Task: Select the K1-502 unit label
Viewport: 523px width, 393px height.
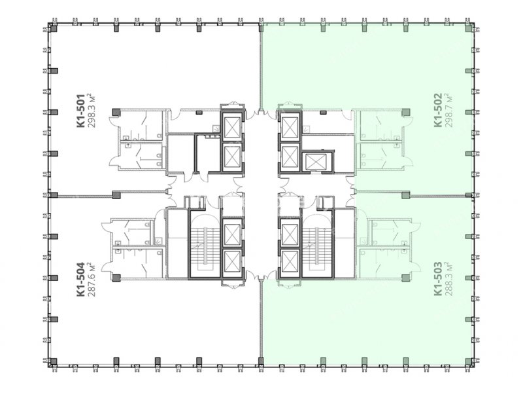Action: click(x=438, y=110)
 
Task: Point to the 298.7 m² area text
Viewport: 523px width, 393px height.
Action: click(x=448, y=110)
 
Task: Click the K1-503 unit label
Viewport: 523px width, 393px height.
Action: click(x=438, y=279)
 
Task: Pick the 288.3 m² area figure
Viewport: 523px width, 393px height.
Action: click(x=448, y=279)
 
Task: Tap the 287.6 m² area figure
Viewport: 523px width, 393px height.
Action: click(x=92, y=279)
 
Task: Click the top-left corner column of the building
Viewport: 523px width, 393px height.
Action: click(x=54, y=29)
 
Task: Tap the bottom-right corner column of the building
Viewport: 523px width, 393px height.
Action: click(x=469, y=361)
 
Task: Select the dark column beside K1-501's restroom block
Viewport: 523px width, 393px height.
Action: click(x=116, y=112)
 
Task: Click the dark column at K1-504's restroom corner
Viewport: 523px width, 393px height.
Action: click(x=116, y=278)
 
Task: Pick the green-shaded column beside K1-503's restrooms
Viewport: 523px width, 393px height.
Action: click(x=405, y=278)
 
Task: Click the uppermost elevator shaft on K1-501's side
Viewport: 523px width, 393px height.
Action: click(x=232, y=125)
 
